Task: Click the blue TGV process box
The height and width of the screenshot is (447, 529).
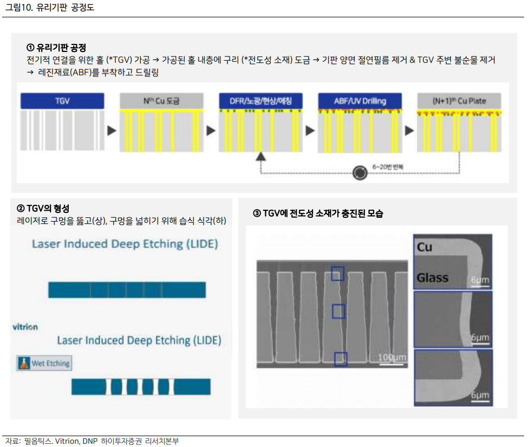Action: pos(62,101)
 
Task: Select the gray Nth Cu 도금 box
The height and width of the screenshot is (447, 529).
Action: pos(161,101)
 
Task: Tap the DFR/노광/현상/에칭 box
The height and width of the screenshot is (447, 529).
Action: pos(261,101)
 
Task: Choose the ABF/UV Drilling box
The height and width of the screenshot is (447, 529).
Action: pos(360,101)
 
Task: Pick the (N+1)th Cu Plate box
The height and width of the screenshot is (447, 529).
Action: pos(459,101)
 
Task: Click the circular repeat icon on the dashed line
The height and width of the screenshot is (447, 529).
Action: pos(360,173)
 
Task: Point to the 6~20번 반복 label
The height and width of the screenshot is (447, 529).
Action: pos(388,166)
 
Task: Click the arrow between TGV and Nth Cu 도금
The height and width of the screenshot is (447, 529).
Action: pos(112,131)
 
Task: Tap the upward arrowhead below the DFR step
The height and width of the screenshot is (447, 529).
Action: pos(260,156)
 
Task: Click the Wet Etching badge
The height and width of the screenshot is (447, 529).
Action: pos(44,363)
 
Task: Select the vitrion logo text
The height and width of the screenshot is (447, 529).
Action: pos(25,327)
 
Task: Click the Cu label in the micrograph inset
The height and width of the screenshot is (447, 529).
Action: pos(424,248)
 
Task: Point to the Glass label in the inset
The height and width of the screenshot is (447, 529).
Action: pos(432,278)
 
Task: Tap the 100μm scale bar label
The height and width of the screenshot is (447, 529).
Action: pos(392,358)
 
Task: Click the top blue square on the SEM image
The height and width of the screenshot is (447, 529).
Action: pos(337,273)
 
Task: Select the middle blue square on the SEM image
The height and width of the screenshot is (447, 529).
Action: pos(338,311)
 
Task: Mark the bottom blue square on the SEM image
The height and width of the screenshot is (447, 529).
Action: pos(341,359)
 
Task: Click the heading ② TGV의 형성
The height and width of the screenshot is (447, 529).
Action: pos(43,209)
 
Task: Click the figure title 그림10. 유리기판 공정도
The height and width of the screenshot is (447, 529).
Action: pos(50,8)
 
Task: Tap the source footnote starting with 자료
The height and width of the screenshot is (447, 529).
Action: pos(92,441)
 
